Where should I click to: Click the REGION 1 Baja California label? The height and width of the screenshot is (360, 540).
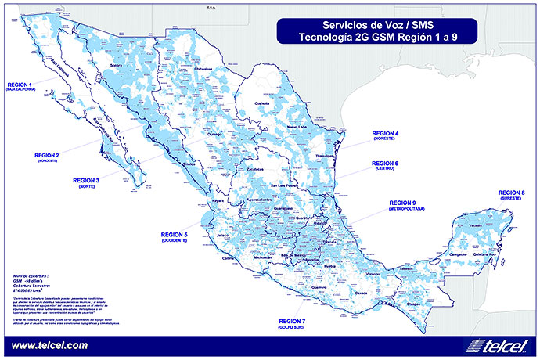click(x=20, y=85)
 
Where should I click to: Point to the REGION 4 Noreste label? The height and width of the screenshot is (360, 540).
click(x=385, y=136)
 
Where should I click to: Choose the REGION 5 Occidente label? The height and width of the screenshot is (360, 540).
click(x=174, y=236)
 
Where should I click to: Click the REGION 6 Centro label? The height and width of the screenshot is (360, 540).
click(x=385, y=165)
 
